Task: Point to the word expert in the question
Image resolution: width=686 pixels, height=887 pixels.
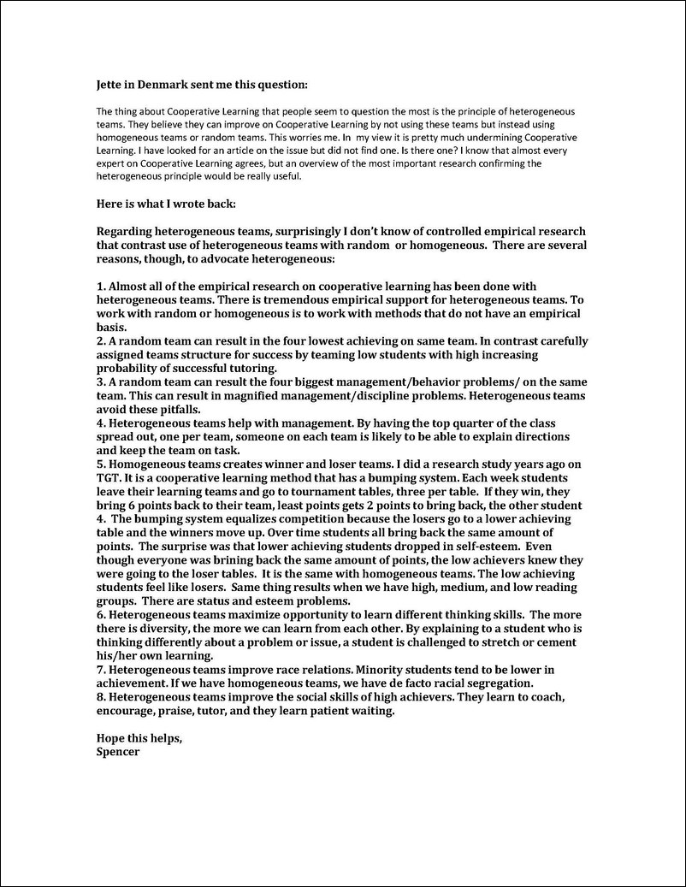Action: coord(111,163)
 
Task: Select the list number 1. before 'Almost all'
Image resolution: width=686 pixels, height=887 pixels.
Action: coord(101,286)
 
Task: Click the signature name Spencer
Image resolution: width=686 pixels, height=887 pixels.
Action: coord(118,753)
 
